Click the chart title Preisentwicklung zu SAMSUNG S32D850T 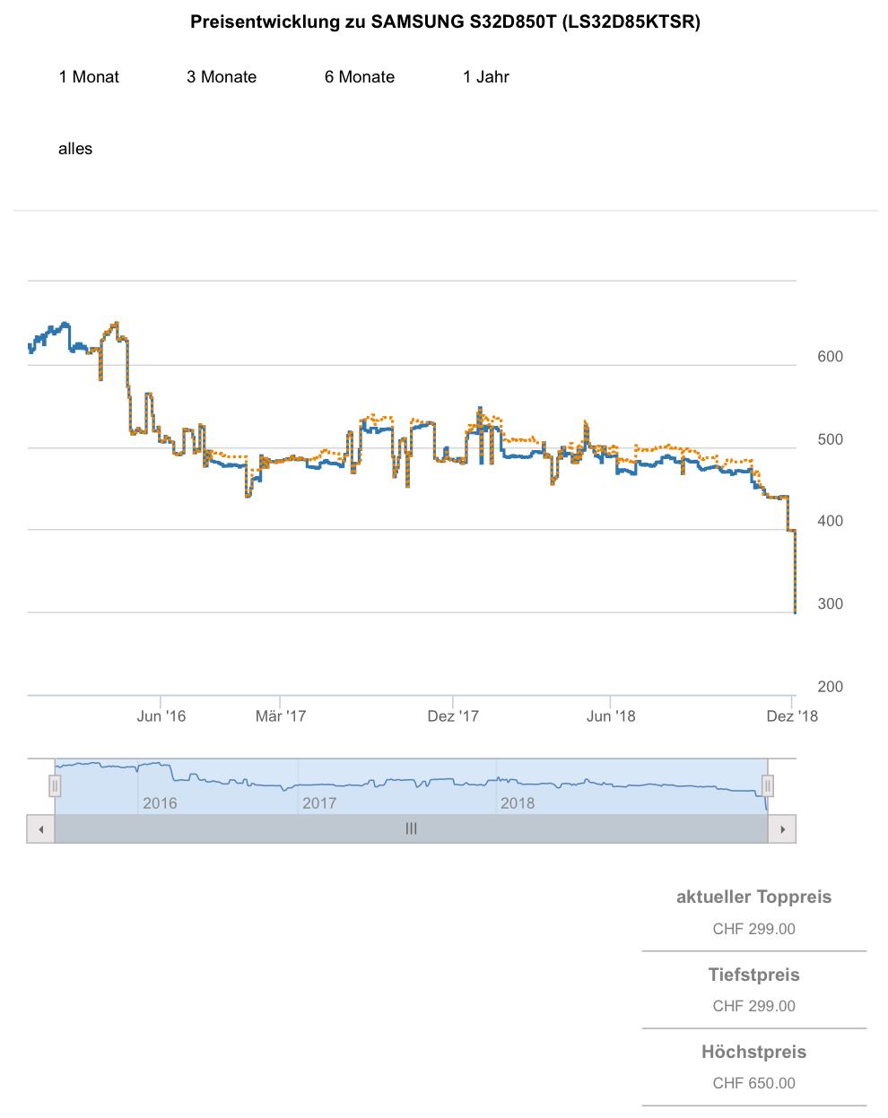445,22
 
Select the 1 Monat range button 89,77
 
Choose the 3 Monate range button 222,77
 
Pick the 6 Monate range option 360,77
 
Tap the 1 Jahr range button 486,77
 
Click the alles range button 75,149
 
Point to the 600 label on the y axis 830,357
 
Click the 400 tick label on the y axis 830,521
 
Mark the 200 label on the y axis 830,687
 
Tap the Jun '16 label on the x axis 161,715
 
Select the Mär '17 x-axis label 281,715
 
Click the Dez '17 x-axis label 453,715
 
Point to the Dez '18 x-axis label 792,715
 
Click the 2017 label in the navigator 319,803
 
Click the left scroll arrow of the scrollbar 40,829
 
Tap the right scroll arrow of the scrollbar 783,829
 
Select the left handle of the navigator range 55,786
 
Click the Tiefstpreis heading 753,975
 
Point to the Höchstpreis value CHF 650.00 753,1083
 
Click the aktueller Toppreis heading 753,897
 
